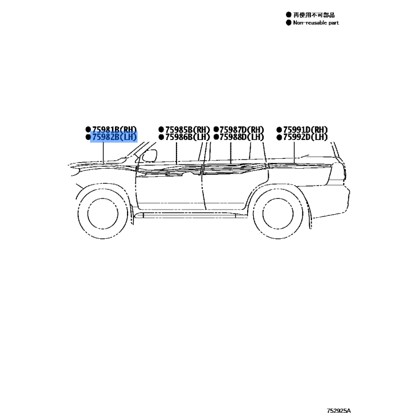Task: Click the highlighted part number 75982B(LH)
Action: (114, 137)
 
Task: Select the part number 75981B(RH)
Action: (114, 129)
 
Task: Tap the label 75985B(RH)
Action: (187, 129)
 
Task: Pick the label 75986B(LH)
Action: (187, 137)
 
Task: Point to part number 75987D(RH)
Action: (242, 129)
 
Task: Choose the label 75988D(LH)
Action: (242, 137)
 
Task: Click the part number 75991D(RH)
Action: (305, 129)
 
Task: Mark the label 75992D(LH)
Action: (305, 137)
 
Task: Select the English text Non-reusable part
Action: (316, 23)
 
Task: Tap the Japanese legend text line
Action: (313, 15)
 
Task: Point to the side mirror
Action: (150, 155)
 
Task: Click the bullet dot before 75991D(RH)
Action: (279, 129)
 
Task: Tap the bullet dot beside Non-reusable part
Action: (288, 23)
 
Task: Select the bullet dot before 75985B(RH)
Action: (161, 129)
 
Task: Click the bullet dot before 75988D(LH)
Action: (216, 137)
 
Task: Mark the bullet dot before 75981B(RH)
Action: (88, 129)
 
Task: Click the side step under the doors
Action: (188, 215)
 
